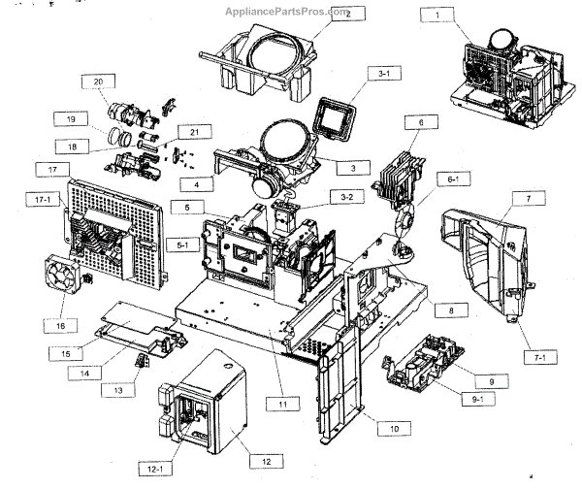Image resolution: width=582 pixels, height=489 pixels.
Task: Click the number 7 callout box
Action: click(x=528, y=198)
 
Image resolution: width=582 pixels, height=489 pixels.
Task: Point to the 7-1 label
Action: click(x=540, y=358)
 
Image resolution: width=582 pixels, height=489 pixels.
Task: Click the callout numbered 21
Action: click(x=194, y=131)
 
